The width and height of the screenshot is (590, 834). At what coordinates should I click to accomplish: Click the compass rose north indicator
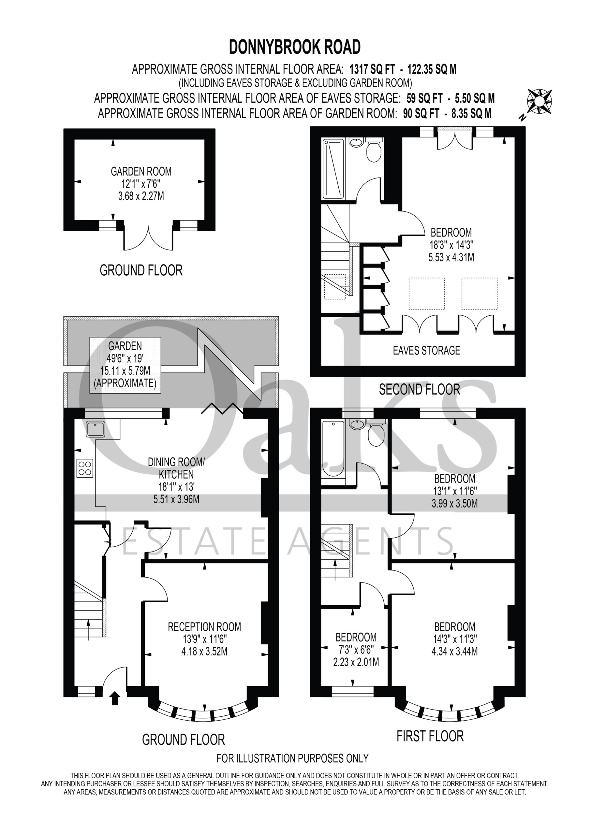(x=539, y=102)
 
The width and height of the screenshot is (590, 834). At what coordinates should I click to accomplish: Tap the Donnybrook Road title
(x=295, y=47)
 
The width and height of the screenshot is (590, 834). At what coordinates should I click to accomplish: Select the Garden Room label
(x=141, y=171)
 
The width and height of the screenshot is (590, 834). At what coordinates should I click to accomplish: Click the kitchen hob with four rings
(x=85, y=468)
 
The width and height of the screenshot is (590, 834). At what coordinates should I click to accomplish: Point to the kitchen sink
(x=96, y=429)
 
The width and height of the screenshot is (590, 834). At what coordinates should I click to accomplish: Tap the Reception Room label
(x=204, y=626)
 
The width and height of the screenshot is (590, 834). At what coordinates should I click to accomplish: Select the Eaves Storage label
(x=426, y=350)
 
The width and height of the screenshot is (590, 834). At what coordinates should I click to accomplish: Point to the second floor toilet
(x=374, y=149)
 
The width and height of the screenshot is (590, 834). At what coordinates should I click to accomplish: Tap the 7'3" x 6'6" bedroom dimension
(x=356, y=648)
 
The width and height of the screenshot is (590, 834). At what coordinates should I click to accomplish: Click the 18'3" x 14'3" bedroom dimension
(x=451, y=245)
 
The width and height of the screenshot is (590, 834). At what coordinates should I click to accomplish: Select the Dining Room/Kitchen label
(x=176, y=468)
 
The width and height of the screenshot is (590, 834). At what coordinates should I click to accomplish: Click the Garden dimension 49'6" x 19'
(x=125, y=358)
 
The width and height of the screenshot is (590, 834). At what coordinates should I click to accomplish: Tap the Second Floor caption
(x=420, y=390)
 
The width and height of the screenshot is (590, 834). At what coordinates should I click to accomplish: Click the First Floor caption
(x=430, y=736)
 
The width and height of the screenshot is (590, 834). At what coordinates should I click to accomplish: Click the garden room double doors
(x=148, y=238)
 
